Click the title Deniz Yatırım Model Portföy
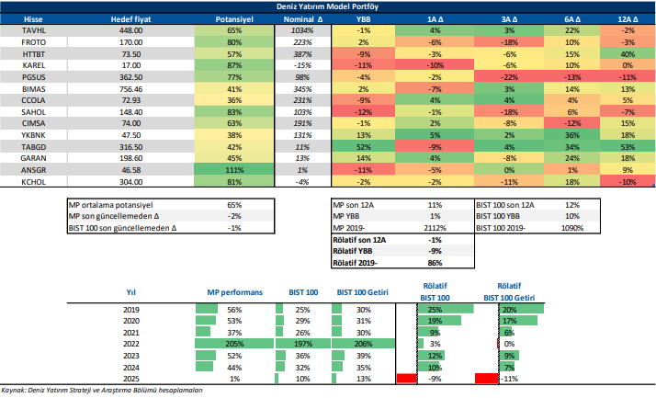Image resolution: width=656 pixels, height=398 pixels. point(329,6)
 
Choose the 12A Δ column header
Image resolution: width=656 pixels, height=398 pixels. point(628,17)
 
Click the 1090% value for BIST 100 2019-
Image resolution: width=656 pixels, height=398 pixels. point(572,228)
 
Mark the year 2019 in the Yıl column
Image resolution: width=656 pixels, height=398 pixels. point(130,310)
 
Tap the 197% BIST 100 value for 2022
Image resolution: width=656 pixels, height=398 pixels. point(302,343)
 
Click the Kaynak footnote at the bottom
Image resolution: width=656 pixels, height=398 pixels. point(101,391)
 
